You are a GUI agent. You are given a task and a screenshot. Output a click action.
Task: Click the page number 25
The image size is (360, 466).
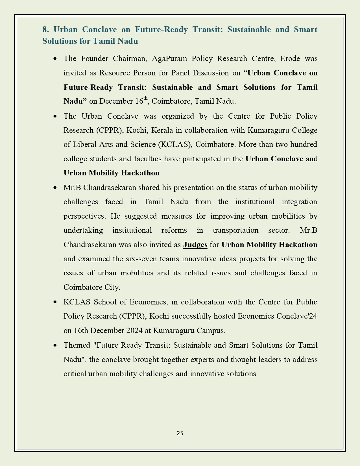coord(180,433)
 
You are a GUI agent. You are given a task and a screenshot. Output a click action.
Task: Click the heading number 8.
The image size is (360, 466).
coord(46,29)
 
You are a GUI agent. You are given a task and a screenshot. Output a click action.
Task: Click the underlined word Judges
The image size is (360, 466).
coord(195,245)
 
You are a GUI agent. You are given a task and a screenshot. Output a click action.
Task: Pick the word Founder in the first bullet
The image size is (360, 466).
coord(93,58)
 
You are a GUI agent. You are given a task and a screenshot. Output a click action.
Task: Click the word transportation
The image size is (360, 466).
coord(235,230)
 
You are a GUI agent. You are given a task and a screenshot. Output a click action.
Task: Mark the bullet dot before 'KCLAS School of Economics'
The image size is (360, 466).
coord(55,302)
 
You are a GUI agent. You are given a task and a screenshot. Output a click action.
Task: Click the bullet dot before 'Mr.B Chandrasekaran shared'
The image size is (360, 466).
coord(55,188)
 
